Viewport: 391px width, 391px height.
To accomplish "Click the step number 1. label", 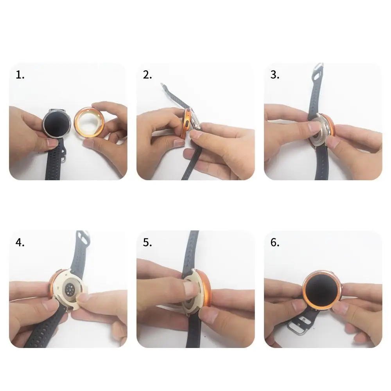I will click(x=20, y=75).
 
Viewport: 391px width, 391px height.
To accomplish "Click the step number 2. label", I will click(x=147, y=75).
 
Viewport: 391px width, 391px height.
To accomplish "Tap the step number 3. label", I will click(x=275, y=75).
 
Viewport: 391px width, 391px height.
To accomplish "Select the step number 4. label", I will click(x=20, y=242).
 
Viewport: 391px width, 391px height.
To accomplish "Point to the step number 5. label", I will click(x=147, y=242).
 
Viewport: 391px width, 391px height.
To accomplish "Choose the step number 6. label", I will click(x=275, y=242).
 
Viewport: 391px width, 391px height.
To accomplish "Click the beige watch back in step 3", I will click(x=321, y=129).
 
